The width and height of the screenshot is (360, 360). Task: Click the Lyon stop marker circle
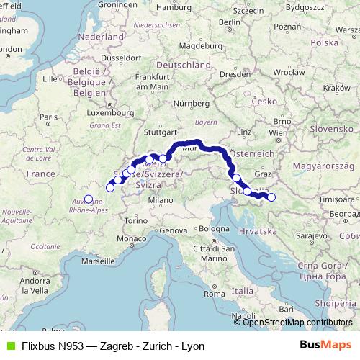[x=89, y=199]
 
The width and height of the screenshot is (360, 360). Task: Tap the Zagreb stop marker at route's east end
[x=271, y=197]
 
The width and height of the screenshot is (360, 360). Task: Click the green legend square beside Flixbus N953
[x=8, y=346]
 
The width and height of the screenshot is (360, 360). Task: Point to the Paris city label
[x=49, y=117]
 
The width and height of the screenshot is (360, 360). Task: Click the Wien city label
[x=277, y=133]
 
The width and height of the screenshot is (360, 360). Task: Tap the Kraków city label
[x=336, y=87]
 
